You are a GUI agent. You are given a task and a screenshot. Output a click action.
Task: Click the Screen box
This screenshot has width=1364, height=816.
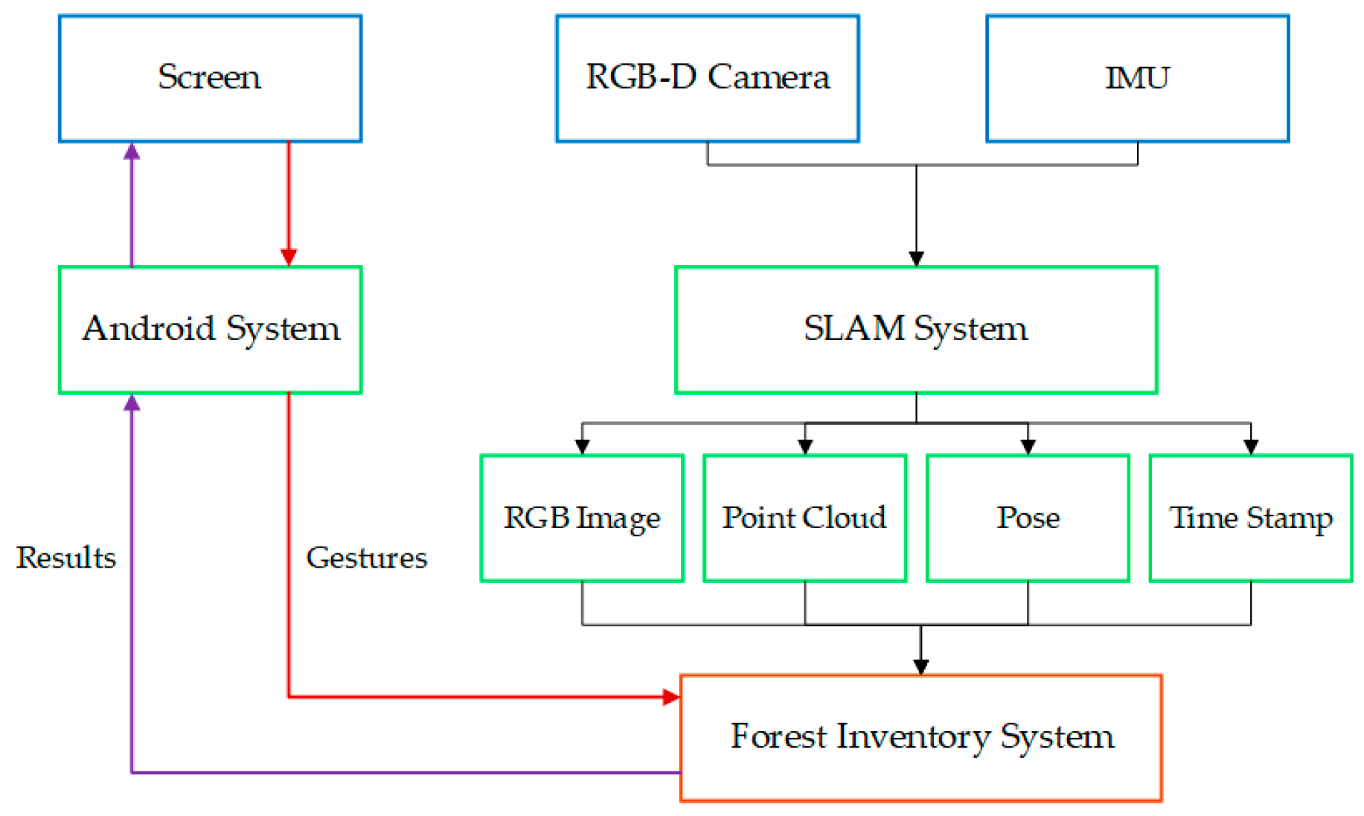pyautogui.click(x=210, y=78)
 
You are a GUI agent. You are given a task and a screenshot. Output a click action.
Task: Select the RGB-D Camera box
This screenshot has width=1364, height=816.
pyautogui.click(x=707, y=78)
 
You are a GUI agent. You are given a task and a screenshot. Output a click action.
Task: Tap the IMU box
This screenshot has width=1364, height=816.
pyautogui.click(x=1137, y=78)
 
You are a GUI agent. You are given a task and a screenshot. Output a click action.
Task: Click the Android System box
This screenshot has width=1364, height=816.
pyautogui.click(x=210, y=330)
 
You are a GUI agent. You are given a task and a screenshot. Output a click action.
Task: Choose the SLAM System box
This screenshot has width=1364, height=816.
pyautogui.click(x=916, y=330)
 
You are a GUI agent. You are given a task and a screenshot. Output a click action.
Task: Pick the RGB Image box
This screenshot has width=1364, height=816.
pyautogui.click(x=582, y=518)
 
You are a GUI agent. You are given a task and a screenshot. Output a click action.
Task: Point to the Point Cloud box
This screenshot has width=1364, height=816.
pyautogui.click(x=804, y=518)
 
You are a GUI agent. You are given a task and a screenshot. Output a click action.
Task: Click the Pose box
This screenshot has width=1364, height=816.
pyautogui.click(x=1028, y=518)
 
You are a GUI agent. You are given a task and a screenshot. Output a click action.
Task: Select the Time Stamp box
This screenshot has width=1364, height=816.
pyautogui.click(x=1251, y=518)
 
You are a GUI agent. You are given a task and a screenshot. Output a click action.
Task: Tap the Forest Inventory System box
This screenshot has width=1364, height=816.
pyautogui.click(x=921, y=738)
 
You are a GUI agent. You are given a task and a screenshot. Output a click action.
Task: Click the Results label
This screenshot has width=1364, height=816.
pyautogui.click(x=66, y=558)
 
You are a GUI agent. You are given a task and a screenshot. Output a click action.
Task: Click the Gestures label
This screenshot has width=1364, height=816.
pyautogui.click(x=366, y=558)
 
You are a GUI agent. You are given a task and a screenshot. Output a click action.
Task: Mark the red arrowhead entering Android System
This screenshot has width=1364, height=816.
pyautogui.click(x=289, y=257)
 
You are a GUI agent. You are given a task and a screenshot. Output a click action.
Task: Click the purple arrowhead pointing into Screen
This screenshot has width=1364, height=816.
pyautogui.click(x=132, y=152)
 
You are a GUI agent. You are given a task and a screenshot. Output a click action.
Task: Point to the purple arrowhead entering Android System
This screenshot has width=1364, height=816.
pyautogui.click(x=132, y=403)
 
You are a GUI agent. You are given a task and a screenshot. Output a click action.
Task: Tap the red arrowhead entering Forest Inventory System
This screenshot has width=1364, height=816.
pyautogui.click(x=670, y=697)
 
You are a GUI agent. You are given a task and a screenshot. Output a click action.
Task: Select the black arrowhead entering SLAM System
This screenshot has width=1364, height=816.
pyautogui.click(x=916, y=258)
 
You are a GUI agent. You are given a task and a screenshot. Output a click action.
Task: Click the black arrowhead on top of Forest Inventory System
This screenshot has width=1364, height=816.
pyautogui.click(x=921, y=666)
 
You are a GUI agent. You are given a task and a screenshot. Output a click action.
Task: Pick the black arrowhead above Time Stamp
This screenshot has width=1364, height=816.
pyautogui.click(x=1251, y=446)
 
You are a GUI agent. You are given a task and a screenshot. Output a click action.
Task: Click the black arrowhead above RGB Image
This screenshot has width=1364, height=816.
pyautogui.click(x=582, y=446)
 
